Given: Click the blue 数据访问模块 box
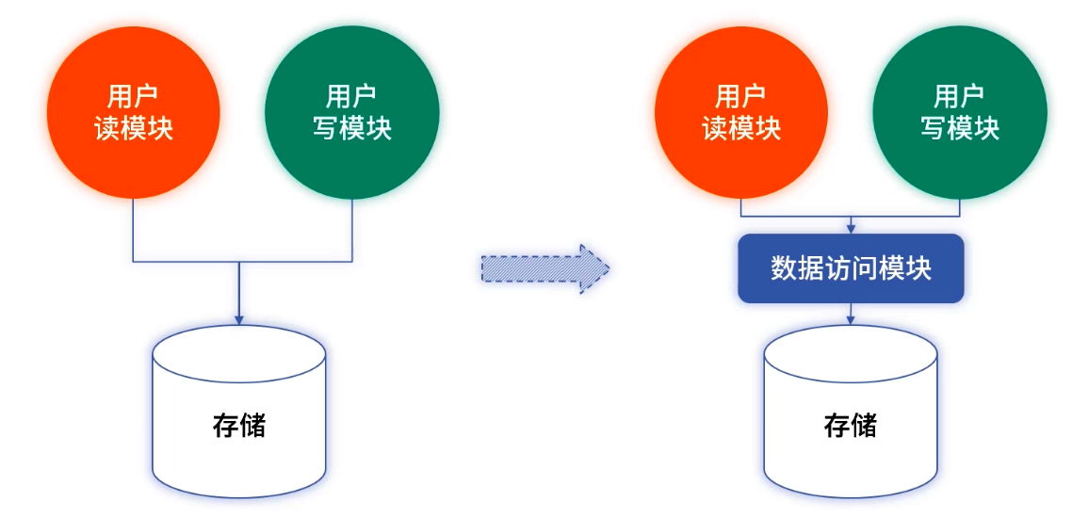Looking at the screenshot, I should (851, 268).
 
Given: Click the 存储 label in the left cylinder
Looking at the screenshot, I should (239, 425).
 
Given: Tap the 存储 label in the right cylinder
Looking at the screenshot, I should (850, 425).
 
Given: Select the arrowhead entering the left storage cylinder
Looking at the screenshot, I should (239, 319).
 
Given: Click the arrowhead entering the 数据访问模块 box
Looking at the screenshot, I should (851, 229).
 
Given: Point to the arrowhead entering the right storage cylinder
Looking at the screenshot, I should (851, 320).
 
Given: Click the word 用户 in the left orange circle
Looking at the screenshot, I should (133, 97).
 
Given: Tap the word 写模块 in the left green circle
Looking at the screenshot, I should (351, 128).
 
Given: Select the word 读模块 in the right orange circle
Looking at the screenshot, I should (741, 128).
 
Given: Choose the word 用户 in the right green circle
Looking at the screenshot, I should (959, 97).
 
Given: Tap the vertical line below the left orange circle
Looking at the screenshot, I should (133, 230).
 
